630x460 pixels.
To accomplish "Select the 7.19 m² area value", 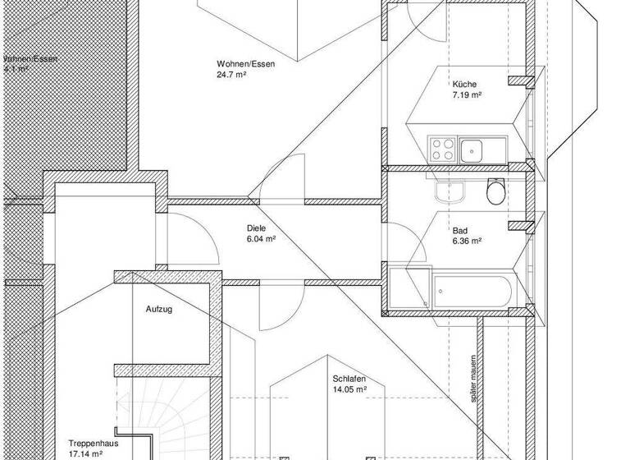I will pos(466,95).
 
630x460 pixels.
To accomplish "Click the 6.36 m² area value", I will pos(466,241).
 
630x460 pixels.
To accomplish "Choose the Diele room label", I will pos(257,228).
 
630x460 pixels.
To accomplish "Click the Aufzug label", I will pos(159,310).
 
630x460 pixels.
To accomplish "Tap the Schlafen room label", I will pos(349,379).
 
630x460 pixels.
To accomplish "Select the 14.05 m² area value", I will pos(349,389).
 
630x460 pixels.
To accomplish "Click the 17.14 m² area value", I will pos(85,453).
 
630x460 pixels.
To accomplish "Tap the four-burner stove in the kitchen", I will pos(443,150).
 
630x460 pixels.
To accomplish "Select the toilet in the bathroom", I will pos(495,192).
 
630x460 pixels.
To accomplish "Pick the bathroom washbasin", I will pos(450,192).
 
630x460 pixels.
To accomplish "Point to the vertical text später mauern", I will pos(475,373).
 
